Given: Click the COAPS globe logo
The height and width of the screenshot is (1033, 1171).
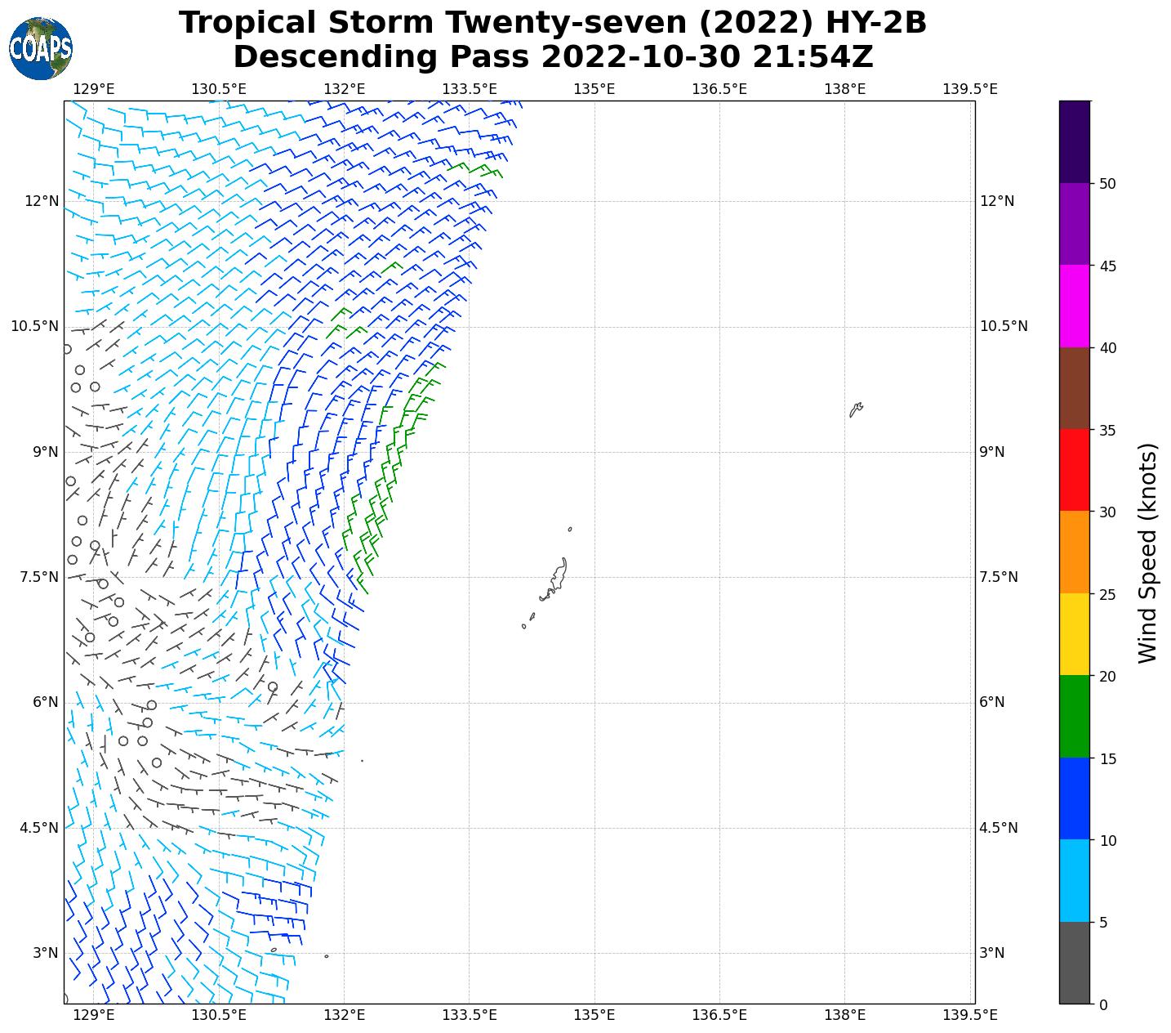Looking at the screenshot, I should pos(41,49).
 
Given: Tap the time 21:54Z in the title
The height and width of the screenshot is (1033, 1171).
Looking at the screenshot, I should pos(813,57).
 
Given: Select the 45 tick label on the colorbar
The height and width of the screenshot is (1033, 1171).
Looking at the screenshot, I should pos(1107,266).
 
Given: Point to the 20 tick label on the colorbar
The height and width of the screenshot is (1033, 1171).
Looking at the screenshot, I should pos(1107,677).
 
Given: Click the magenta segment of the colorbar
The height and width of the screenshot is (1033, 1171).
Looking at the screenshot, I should pos(1074,306).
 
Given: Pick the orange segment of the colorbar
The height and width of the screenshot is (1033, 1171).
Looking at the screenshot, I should pos(1074,552).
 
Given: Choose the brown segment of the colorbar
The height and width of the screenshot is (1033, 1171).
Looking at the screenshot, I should pos(1074,388).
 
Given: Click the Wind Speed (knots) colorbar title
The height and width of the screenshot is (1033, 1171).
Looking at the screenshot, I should pos(1147,553).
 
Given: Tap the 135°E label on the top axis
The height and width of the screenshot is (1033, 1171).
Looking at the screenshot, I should pos(594,88).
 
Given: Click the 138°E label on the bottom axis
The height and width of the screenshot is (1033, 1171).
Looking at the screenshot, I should pos(845,1015).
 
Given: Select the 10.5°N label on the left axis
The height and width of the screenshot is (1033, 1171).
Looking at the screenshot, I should pos(34,327).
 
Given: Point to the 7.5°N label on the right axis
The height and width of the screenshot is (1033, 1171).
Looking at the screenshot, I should pos(999,578).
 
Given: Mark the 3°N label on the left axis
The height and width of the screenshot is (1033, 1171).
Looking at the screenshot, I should pos(45,953).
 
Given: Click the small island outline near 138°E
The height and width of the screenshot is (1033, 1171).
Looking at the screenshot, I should pos(856,409).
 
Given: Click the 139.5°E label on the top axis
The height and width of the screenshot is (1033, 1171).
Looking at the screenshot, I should pos(969,88).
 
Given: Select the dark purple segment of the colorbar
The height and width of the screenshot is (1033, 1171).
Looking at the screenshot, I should pos(1074,141).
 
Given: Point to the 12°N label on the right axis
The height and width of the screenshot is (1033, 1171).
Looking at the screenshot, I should pos(997,202).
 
